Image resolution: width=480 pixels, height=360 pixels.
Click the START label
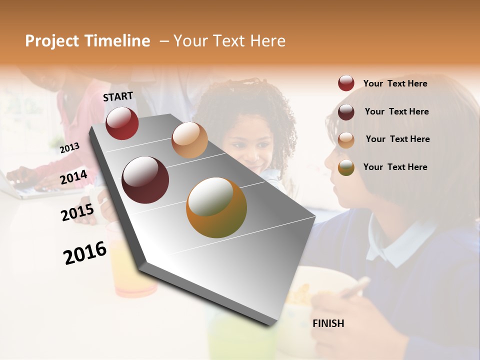coord(118,96)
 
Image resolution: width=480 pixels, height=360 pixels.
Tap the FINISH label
coord(328,323)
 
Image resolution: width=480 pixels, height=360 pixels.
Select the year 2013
coord(69,147)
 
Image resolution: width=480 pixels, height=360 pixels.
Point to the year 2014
coord(73,177)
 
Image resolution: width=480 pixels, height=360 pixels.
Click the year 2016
coord(85,252)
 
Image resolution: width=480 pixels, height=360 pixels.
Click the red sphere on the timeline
coord(122,123)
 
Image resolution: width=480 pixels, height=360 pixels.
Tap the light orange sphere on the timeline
coord(189,140)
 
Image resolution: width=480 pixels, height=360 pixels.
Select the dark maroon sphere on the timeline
coord(145,180)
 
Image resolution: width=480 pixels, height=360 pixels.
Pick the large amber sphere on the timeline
coord(216,207)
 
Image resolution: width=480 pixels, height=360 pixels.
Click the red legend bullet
coord(346,83)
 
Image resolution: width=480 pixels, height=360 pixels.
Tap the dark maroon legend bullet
coord(346,111)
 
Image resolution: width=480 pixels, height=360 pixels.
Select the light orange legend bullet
coord(346,139)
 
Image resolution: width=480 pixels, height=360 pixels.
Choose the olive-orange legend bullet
coord(346,167)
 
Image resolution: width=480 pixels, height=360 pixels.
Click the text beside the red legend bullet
coord(395,83)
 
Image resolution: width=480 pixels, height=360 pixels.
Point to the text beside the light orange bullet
coord(397,139)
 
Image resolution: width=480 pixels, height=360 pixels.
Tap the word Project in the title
coord(52,41)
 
